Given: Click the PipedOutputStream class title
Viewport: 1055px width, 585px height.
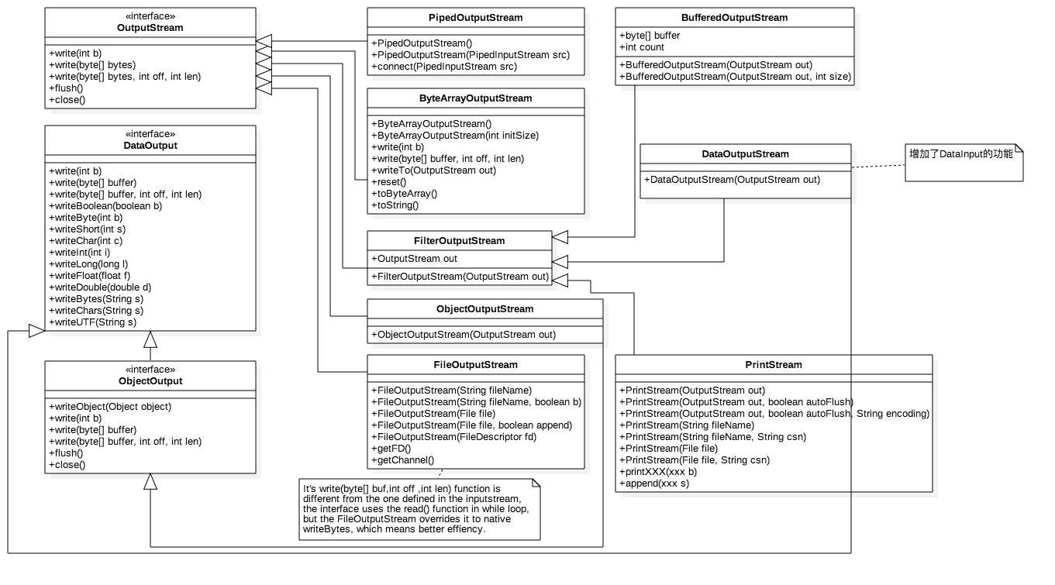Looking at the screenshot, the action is pyautogui.click(x=475, y=18).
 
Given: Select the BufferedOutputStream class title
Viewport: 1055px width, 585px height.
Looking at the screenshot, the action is pyautogui.click(x=734, y=18).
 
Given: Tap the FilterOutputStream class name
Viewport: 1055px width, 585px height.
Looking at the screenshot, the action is pyautogui.click(x=459, y=241).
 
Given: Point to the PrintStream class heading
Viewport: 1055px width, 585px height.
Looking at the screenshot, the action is pyautogui.click(x=774, y=365).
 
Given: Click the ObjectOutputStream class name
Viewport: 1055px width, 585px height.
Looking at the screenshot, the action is pyautogui.click(x=484, y=309).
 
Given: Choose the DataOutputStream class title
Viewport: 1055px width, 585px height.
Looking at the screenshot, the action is pyautogui.click(x=745, y=154).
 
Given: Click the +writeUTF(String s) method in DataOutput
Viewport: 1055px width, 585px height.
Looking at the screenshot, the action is pyautogui.click(x=93, y=322).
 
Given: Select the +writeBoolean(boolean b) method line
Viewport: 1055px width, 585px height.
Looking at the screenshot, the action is pyautogui.click(x=105, y=206).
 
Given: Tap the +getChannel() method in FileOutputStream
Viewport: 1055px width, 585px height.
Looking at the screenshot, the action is pyautogui.click(x=402, y=460).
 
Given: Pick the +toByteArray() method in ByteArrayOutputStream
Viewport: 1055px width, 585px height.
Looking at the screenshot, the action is pyautogui.click(x=404, y=194).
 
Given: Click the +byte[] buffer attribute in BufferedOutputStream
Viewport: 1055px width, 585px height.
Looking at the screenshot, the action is pyautogui.click(x=650, y=36).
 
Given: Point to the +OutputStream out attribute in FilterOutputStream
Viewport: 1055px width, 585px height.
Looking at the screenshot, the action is pyautogui.click(x=414, y=259).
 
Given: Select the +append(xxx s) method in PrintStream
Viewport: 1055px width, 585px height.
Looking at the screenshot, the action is pyautogui.click(x=653, y=483).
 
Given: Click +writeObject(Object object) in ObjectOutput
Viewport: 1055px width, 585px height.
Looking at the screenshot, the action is pyautogui.click(x=110, y=407).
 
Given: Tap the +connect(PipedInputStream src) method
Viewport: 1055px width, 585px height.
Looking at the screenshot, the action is pyautogui.click(x=444, y=67).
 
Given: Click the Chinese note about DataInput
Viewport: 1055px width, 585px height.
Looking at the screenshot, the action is pyautogui.click(x=961, y=154).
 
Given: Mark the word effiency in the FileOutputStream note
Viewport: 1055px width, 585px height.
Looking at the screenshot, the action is pyautogui.click(x=464, y=529).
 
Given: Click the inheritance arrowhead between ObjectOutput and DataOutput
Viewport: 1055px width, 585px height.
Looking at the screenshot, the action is pyautogui.click(x=150, y=339).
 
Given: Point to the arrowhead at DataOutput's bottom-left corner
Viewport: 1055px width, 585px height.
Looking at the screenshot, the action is pyautogui.click(x=36, y=331).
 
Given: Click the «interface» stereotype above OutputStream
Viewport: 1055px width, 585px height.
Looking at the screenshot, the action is pyautogui.click(x=150, y=16).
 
